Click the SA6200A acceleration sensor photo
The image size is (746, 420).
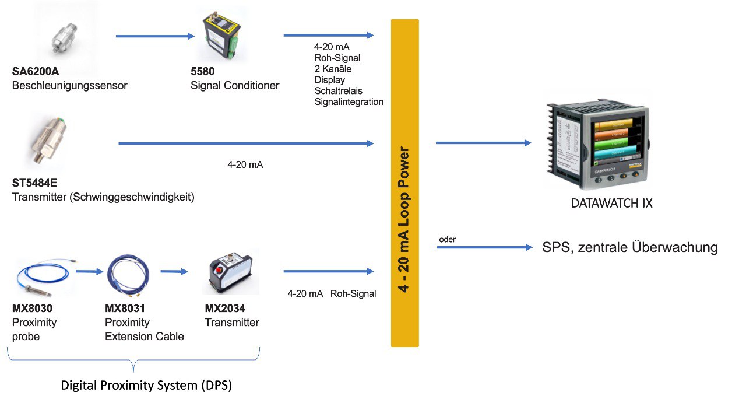point(64,37)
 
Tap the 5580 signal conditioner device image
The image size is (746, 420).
point(221,35)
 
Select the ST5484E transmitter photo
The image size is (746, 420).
point(48,140)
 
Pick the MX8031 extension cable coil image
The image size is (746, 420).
point(128,275)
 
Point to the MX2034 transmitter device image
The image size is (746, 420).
point(230,272)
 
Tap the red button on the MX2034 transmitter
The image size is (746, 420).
point(219,269)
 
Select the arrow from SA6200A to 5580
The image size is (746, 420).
point(155,36)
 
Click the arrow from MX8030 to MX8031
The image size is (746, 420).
point(89,271)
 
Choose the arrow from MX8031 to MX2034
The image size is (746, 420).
point(174,271)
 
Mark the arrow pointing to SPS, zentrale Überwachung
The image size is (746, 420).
point(485,247)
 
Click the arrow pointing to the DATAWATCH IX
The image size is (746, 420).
point(484,143)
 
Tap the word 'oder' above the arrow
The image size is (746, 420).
point(447,239)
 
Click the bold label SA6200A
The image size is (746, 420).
point(36,71)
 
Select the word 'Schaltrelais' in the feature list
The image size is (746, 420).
point(339,90)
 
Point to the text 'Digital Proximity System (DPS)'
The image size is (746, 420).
point(146,386)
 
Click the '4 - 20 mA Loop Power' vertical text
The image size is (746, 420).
point(404,219)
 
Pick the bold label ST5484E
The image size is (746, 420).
point(34,183)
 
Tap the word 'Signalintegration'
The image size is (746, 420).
point(349,102)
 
